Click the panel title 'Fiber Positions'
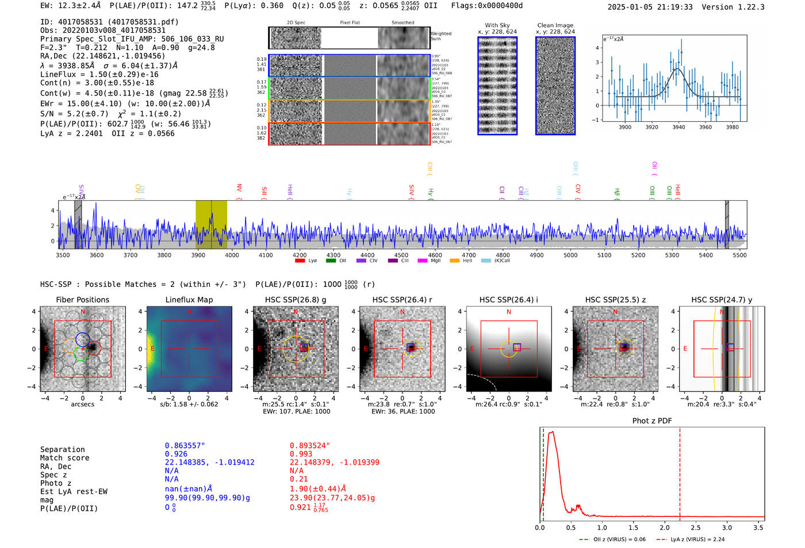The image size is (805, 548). [82, 300]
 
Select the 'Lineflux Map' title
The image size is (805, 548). [189, 300]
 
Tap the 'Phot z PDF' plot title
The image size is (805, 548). [651, 421]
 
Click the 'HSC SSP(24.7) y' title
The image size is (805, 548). [721, 300]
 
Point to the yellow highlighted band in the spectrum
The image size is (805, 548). [211, 224]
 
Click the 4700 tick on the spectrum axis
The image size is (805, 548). [469, 255]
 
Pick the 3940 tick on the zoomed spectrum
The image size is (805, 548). [678, 127]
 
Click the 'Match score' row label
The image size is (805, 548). [64, 458]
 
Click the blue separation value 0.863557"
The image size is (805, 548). [185, 446]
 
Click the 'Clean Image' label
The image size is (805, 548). [555, 25]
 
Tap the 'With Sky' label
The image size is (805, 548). [497, 25]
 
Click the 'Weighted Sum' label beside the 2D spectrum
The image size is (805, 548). [440, 36]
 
